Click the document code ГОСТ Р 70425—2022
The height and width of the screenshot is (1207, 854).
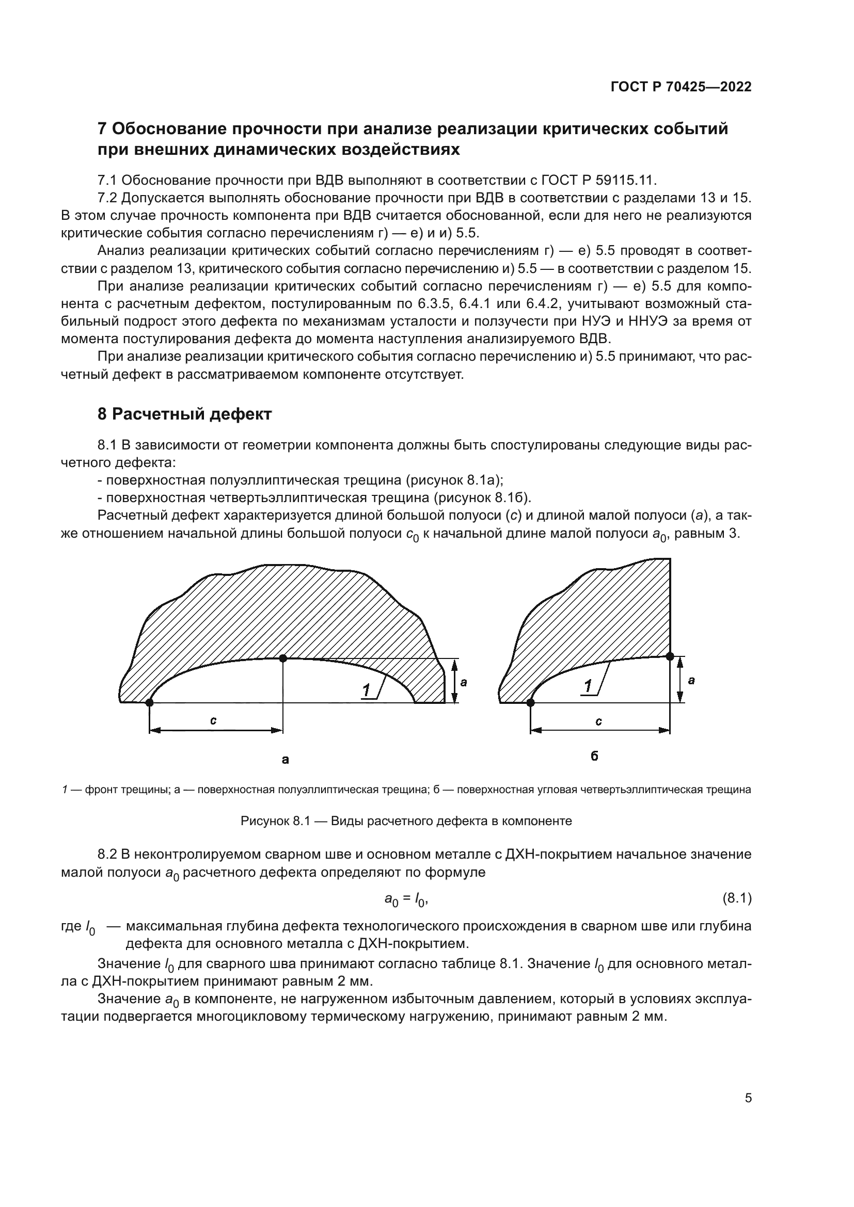click(x=681, y=87)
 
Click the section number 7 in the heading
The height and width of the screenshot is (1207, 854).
click(x=103, y=129)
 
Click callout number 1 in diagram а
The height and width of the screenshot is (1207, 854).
click(x=367, y=690)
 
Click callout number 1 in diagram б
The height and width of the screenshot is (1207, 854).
click(x=589, y=685)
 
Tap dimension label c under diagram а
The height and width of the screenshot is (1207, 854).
click(x=214, y=721)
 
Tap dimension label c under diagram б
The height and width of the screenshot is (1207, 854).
click(x=598, y=721)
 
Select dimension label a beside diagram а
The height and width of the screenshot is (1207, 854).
click(x=463, y=682)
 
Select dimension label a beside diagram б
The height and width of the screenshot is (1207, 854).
click(x=691, y=680)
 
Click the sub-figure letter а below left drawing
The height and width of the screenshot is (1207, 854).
click(x=286, y=759)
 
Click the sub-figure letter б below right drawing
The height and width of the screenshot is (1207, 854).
click(x=595, y=756)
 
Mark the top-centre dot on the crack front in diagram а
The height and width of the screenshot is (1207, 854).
click(x=283, y=658)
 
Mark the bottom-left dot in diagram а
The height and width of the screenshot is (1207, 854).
click(x=149, y=702)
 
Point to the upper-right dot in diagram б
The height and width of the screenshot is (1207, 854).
click(x=670, y=656)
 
